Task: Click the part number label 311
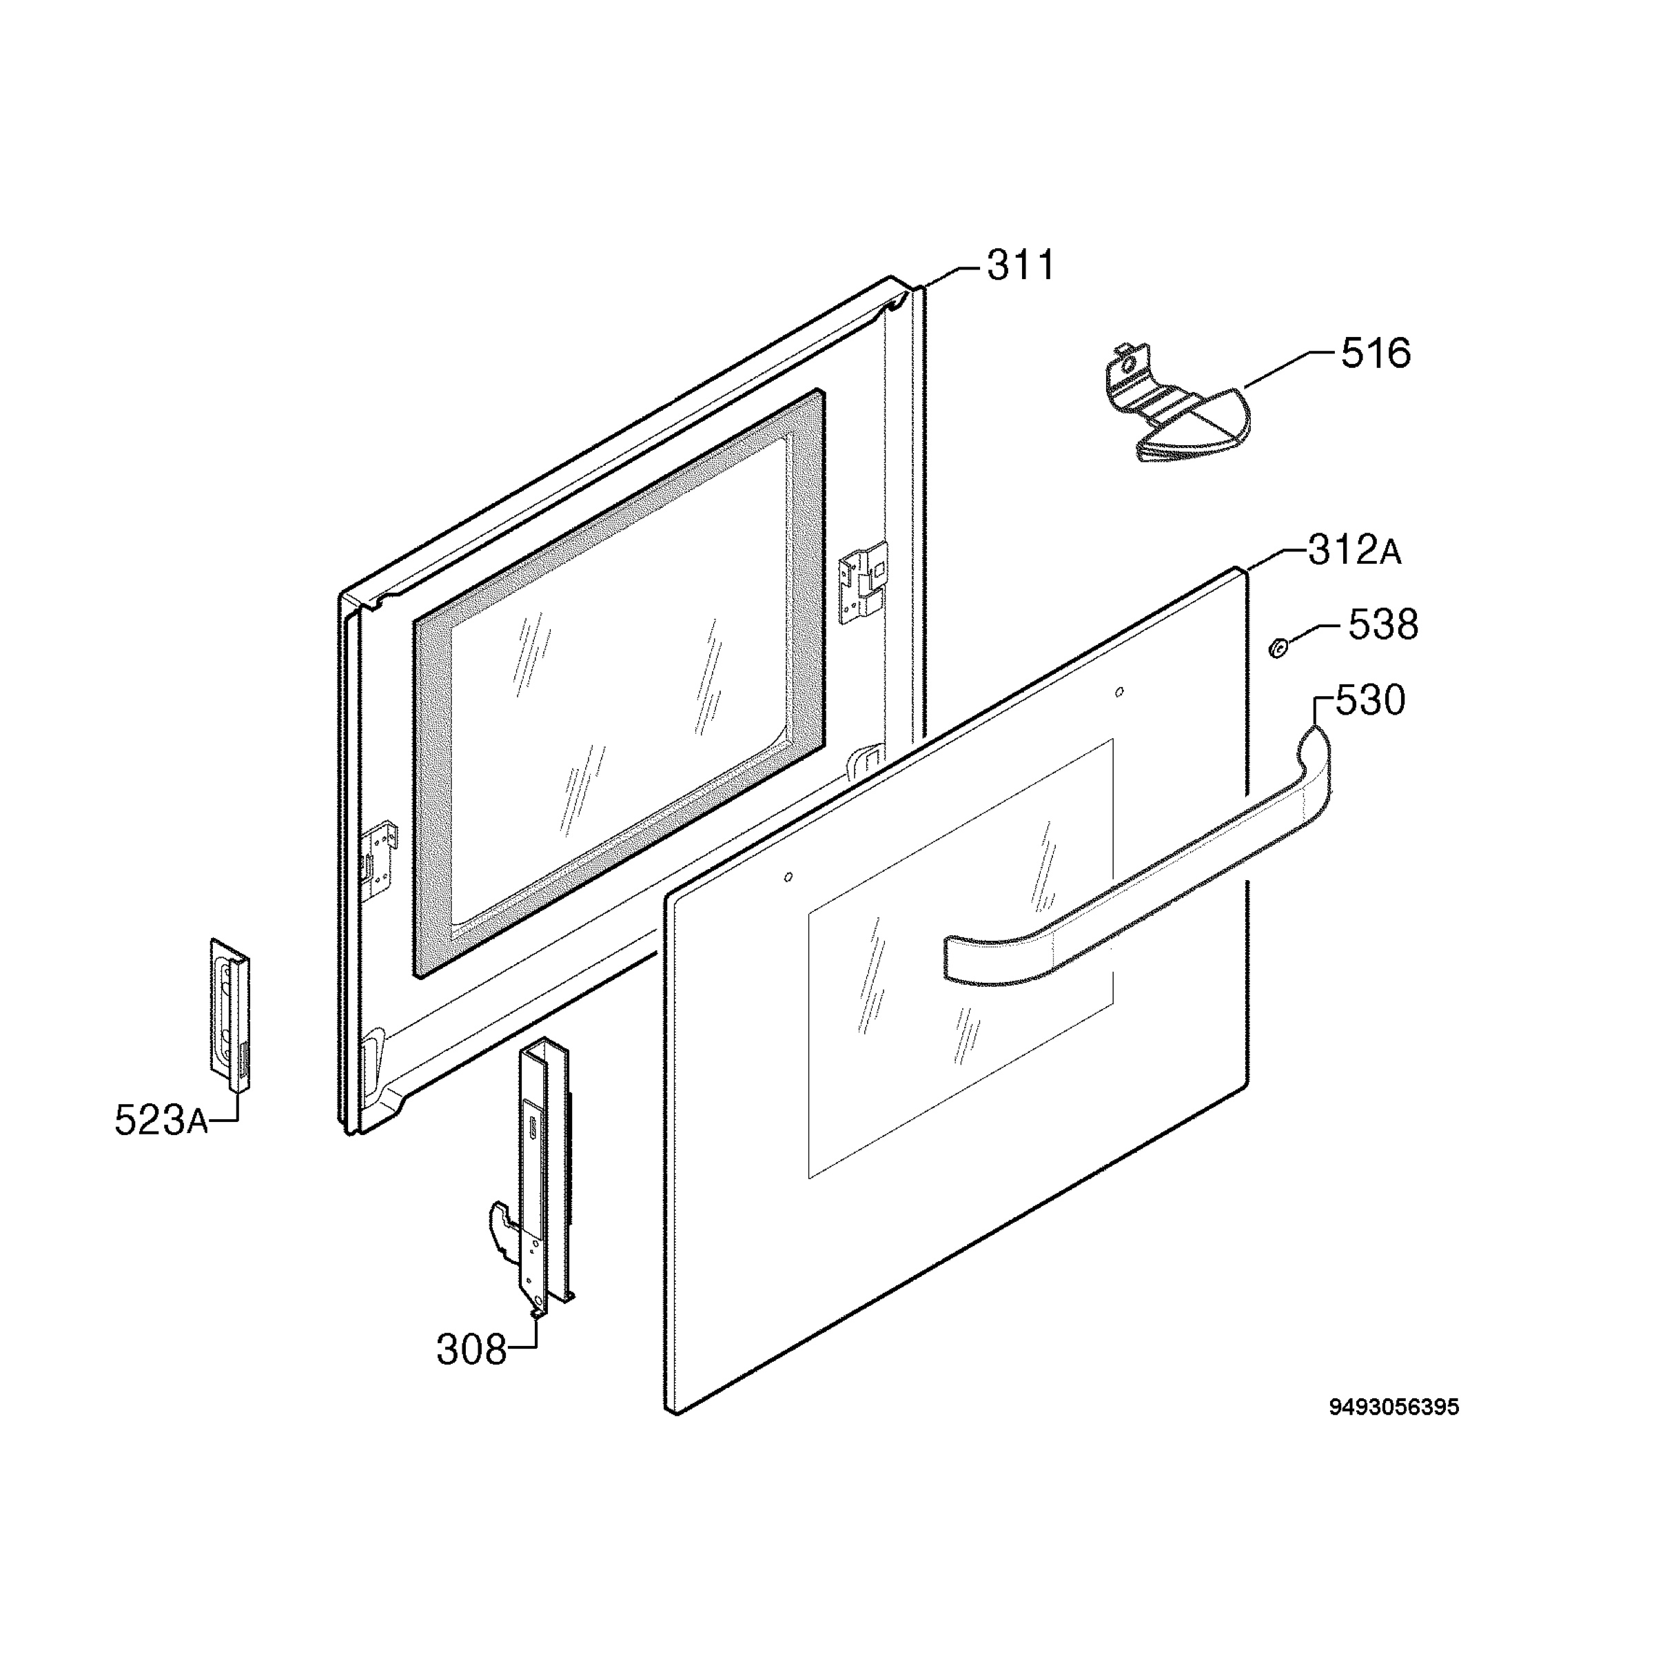point(1021,265)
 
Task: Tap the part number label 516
point(1376,353)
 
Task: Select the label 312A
point(1354,551)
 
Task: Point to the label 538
point(1383,625)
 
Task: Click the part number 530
point(1371,700)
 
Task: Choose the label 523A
point(161,1120)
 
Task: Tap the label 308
point(471,1350)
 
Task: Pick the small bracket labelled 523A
point(231,1015)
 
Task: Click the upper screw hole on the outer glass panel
point(1120,692)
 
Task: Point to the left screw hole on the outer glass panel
point(788,877)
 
